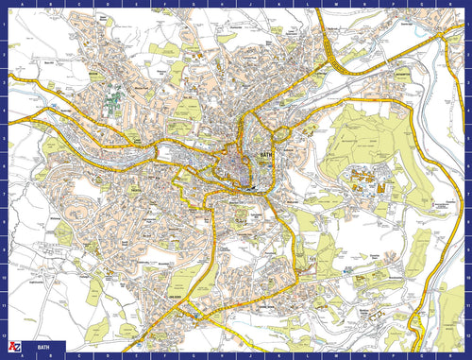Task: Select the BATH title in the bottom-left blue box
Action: tap(43, 348)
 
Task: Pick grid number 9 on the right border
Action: tap(468, 252)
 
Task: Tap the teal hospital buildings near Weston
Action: tap(114, 99)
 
